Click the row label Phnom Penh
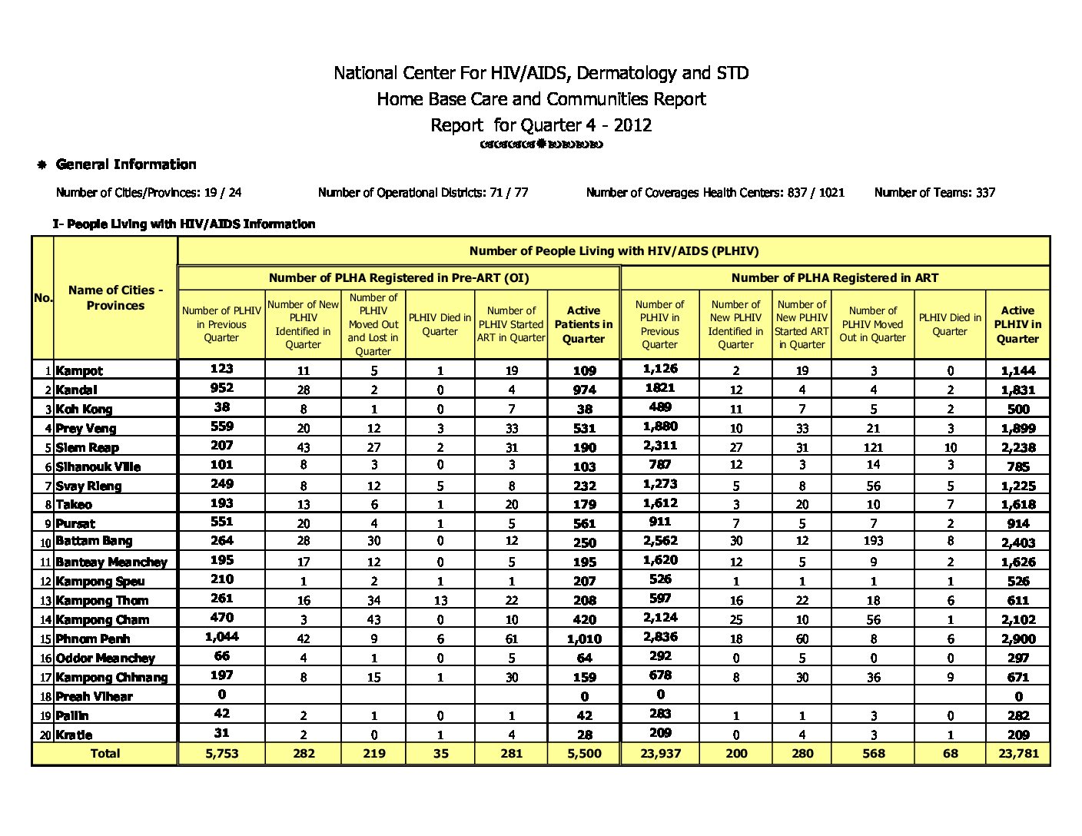click(x=93, y=639)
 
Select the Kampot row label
click(x=79, y=370)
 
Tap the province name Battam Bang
click(x=94, y=541)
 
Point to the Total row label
click(x=105, y=753)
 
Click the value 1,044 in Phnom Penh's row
click(x=221, y=636)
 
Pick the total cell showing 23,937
click(x=660, y=753)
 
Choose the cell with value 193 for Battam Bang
click(x=872, y=541)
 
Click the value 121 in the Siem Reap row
click(x=872, y=447)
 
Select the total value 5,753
click(x=221, y=753)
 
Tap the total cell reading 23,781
click(x=1017, y=753)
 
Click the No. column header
click(x=43, y=297)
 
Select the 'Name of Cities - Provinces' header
click(x=115, y=297)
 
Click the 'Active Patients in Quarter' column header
click(x=583, y=324)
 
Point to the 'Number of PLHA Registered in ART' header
click(x=835, y=277)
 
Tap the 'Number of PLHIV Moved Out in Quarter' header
click(x=872, y=324)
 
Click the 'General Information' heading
click(x=126, y=164)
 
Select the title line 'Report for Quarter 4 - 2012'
click(x=541, y=125)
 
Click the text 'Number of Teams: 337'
click(x=934, y=193)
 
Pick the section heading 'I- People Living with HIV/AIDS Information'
click(x=184, y=224)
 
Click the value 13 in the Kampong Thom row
click(x=440, y=600)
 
